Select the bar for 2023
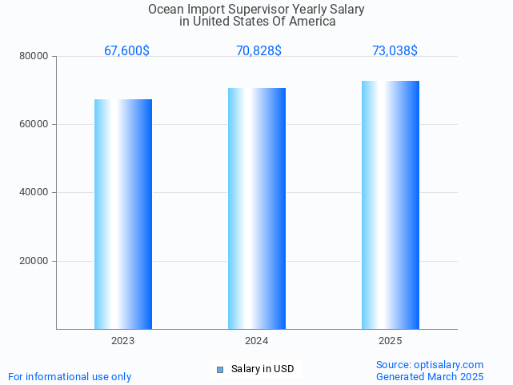(123, 214)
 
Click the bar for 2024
(257, 208)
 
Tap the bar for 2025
(391, 205)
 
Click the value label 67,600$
(126, 51)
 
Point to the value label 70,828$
(259, 51)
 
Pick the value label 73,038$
(395, 51)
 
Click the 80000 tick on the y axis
(35, 57)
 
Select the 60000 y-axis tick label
(35, 125)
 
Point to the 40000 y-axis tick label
(35, 193)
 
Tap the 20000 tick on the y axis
(35, 261)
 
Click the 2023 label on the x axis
(122, 341)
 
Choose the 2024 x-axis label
(256, 341)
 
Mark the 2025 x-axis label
(390, 341)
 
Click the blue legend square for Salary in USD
(220, 369)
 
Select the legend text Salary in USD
(263, 369)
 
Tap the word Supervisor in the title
(263, 9)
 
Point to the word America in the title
(312, 22)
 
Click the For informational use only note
(70, 376)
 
